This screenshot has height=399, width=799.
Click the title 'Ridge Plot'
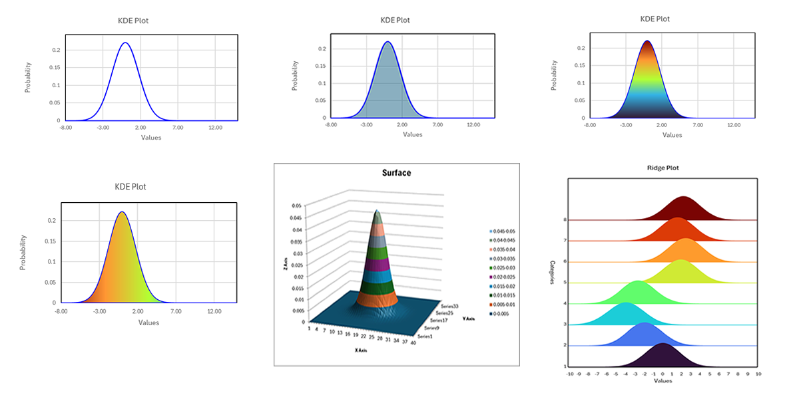click(664, 168)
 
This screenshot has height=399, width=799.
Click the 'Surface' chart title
click(396, 173)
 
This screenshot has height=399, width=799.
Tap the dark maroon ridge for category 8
click(684, 210)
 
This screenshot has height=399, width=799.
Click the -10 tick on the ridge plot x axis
click(570, 374)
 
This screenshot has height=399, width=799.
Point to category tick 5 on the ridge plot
click(565, 283)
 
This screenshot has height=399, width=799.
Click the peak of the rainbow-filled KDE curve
click(647, 43)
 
